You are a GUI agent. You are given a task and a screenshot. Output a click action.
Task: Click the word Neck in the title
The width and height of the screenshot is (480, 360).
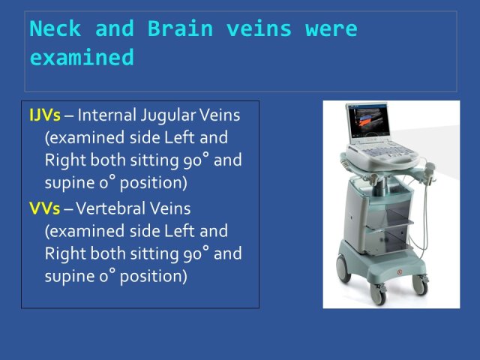pos(55,28)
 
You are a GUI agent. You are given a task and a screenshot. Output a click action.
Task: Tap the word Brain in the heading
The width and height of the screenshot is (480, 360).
pos(180,28)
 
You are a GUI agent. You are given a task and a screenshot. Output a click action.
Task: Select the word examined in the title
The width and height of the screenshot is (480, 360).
pos(82,57)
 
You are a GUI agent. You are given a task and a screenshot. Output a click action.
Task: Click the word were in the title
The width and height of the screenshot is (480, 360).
pos(331,29)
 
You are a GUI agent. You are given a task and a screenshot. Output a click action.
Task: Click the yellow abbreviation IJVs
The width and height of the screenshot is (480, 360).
pos(45,115)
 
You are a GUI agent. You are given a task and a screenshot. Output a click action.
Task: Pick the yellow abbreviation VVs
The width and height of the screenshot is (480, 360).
pos(44,208)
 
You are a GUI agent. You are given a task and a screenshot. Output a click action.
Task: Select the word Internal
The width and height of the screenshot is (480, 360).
pos(106,115)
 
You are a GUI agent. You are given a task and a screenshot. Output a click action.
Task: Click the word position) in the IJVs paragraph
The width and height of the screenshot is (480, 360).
pos(153,183)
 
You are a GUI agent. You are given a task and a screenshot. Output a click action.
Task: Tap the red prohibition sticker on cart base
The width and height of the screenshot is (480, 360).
pos(399,272)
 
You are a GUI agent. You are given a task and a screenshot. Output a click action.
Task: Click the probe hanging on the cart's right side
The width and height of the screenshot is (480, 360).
pos(429,172)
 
